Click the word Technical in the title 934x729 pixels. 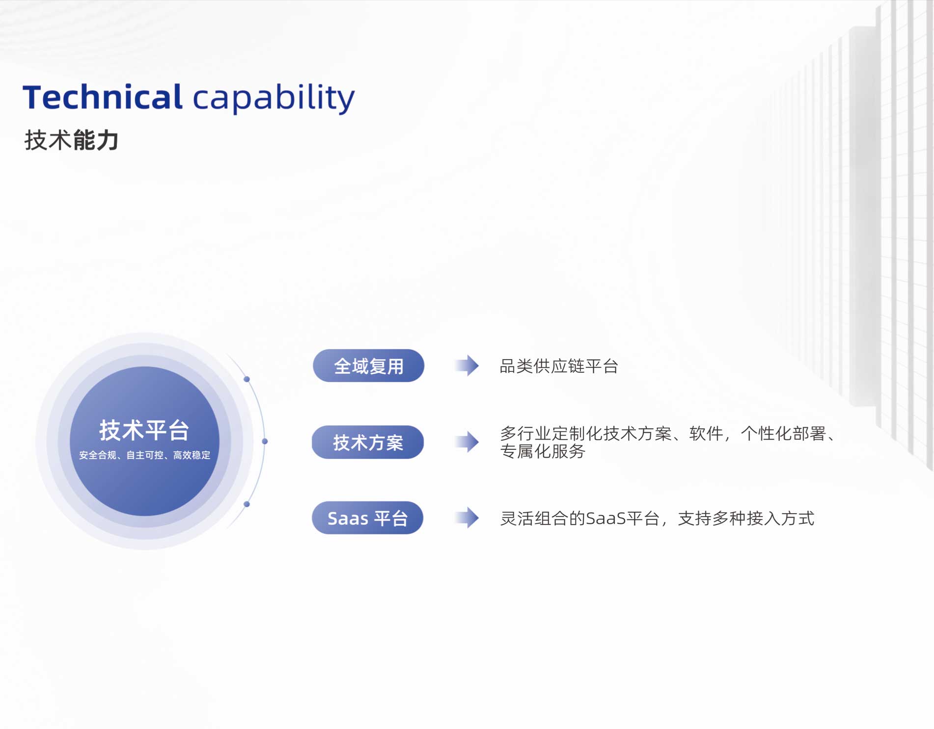pyautogui.click(x=103, y=97)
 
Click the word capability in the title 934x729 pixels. pyautogui.click(x=274, y=99)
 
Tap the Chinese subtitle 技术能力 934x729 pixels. pyautogui.click(x=72, y=140)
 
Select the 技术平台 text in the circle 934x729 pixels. pyautogui.click(x=144, y=430)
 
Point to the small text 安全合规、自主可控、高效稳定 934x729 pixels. pyautogui.click(x=144, y=455)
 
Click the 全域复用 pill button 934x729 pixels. pyautogui.click(x=368, y=365)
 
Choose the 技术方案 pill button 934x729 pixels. pyautogui.click(x=368, y=442)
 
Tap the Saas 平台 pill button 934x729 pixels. pyautogui.click(x=367, y=518)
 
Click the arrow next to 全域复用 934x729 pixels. pyautogui.click(x=467, y=365)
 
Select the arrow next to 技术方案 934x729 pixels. pyautogui.click(x=467, y=442)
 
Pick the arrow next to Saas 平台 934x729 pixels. pyautogui.click(x=467, y=518)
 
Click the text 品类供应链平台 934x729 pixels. pyautogui.click(x=559, y=366)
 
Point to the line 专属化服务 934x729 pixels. pyautogui.click(x=543, y=451)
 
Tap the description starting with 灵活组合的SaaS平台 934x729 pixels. pyautogui.click(x=657, y=518)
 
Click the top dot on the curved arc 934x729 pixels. pyautogui.click(x=247, y=379)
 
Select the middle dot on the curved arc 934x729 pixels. pyautogui.click(x=265, y=442)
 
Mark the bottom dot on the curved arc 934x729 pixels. pyautogui.click(x=247, y=504)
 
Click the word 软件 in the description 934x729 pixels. pyautogui.click(x=706, y=434)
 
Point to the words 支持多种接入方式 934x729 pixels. pyautogui.click(x=746, y=518)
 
